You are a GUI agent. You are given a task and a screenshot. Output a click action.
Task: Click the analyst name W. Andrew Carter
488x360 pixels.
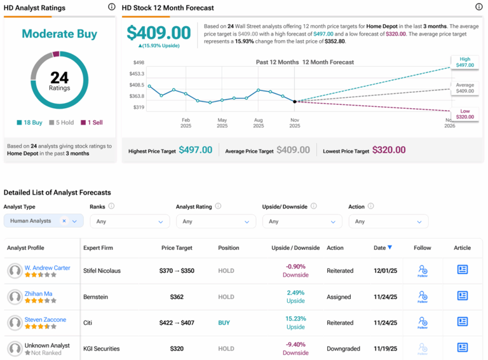[47, 268]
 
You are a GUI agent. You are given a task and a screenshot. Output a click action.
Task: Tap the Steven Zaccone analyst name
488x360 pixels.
[45, 319]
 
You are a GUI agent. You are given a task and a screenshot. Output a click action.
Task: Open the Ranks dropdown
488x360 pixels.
[129, 221]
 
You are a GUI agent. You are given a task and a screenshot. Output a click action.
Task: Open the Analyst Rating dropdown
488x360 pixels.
[215, 221]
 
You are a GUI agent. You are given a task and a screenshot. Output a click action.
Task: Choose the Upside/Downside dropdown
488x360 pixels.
[301, 221]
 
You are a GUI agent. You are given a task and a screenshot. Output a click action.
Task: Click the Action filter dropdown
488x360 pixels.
[388, 221]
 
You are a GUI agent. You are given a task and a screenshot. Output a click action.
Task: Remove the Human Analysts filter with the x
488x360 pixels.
[64, 221]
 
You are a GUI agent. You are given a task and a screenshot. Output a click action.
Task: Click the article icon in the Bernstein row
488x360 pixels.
[462, 296]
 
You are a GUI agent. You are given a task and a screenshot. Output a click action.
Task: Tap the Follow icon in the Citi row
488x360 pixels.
[423, 322]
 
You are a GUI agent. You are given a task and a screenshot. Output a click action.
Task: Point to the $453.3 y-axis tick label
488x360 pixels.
[137, 74]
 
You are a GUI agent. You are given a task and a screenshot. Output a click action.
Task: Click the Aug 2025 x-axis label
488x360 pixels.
[258, 123]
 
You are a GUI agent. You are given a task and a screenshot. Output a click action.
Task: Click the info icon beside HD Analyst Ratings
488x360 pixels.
[111, 7]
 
